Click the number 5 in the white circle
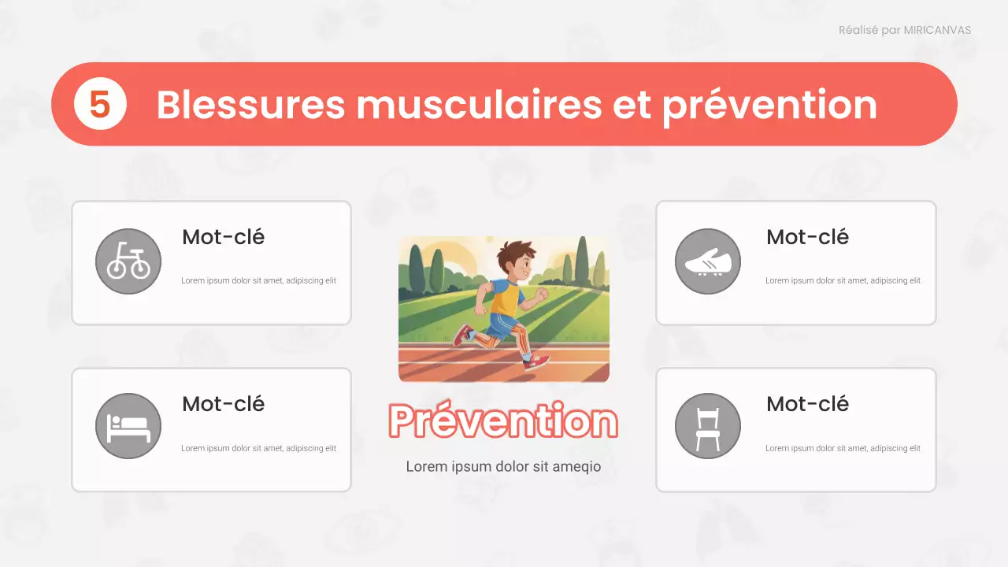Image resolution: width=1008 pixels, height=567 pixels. pyautogui.click(x=100, y=105)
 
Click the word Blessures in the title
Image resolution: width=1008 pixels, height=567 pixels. pyautogui.click(x=250, y=105)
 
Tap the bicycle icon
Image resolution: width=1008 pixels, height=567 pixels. pyautogui.click(x=128, y=261)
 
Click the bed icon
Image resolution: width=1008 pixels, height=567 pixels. pyautogui.click(x=128, y=426)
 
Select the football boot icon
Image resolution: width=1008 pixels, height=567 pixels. pyautogui.click(x=708, y=261)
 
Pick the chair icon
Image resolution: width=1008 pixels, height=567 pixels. pyautogui.click(x=708, y=426)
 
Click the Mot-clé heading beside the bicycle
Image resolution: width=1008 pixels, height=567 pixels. pyautogui.click(x=223, y=237)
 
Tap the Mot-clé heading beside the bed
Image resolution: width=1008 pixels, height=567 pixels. pyautogui.click(x=223, y=404)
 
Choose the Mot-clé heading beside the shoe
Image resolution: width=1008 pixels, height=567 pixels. pyautogui.click(x=807, y=237)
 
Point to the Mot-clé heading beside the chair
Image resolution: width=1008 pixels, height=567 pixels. pyautogui.click(x=807, y=404)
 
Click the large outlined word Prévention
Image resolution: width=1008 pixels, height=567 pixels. pyautogui.click(x=503, y=421)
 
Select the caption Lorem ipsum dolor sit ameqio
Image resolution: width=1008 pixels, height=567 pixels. pyautogui.click(x=503, y=467)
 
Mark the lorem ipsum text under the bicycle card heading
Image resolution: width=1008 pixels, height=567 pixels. pyautogui.click(x=258, y=281)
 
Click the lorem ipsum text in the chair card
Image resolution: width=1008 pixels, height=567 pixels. pyautogui.click(x=843, y=449)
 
